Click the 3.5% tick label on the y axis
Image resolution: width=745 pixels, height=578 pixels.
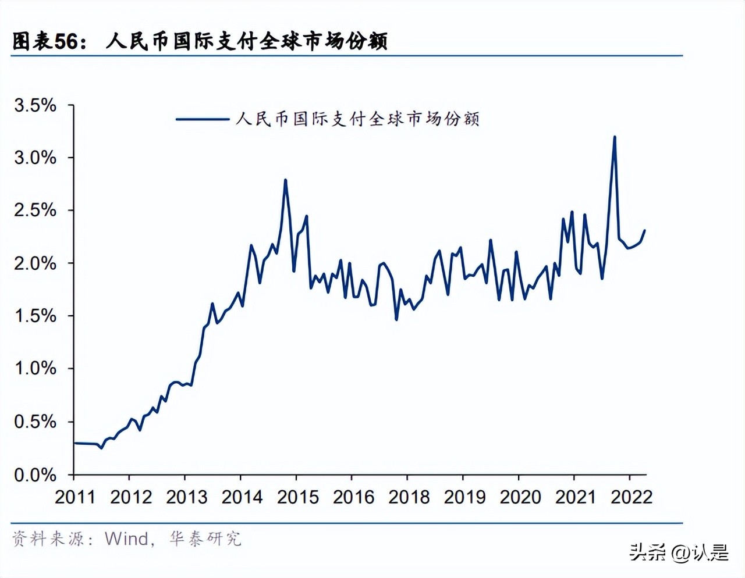[35, 105]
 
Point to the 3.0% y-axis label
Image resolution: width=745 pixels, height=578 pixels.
[35, 158]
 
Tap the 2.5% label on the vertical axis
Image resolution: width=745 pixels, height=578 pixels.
[35, 210]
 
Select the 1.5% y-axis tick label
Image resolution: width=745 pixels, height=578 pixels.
[35, 316]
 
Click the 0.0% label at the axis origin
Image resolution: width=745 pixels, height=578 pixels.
[35, 475]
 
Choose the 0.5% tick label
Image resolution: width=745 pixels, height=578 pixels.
[35, 422]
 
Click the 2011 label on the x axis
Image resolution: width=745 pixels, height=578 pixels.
[74, 497]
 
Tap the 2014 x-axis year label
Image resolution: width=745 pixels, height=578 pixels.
[242, 497]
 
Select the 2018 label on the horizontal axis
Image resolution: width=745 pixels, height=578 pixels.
[409, 497]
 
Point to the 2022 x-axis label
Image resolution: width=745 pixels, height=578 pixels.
[631, 497]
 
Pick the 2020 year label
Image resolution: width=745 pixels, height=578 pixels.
[520, 497]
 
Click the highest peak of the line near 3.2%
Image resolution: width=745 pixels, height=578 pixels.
[615, 137]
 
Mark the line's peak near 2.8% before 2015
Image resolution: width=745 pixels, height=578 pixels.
[285, 180]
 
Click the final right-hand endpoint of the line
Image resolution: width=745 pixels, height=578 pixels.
[644, 230]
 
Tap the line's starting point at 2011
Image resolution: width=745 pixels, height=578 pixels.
[74, 443]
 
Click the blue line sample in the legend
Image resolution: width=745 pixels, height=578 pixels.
[202, 119]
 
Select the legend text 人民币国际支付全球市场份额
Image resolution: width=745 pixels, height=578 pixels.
[357, 119]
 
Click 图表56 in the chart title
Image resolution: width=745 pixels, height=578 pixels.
[45, 41]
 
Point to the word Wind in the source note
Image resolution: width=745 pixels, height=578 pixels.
[126, 538]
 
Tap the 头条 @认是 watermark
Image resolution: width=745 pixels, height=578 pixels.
[679, 552]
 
